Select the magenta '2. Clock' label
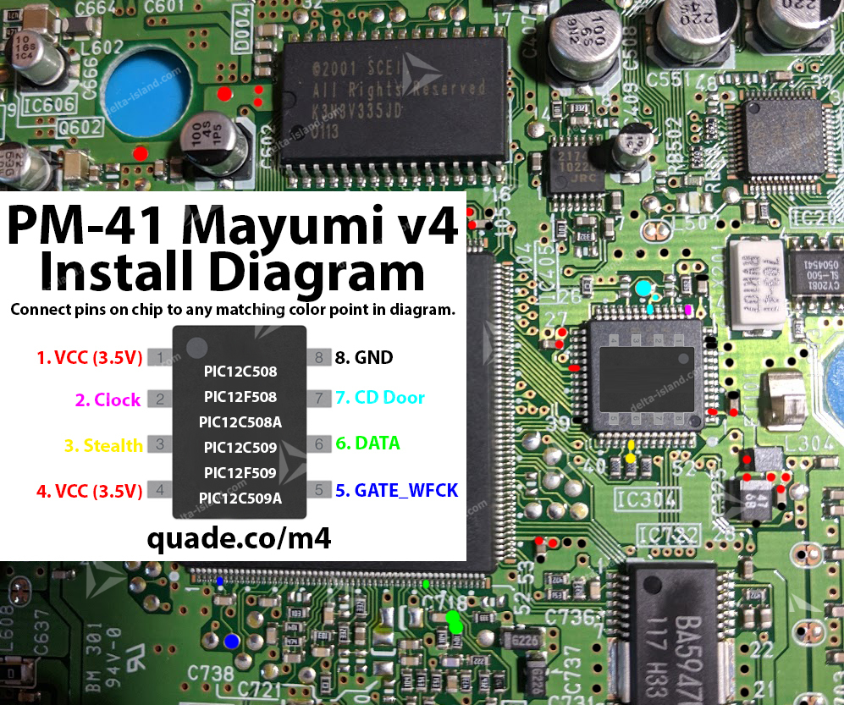tap(108, 400)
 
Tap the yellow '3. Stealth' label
tap(103, 445)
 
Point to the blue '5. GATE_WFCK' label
tap(396, 490)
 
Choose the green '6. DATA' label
tap(367, 443)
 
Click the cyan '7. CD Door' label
tap(379, 397)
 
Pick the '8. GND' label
tap(364, 357)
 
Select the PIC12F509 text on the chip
tap(240, 472)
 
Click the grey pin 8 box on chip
tap(318, 357)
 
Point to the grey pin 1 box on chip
tap(159, 357)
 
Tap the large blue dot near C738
tap(231, 642)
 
